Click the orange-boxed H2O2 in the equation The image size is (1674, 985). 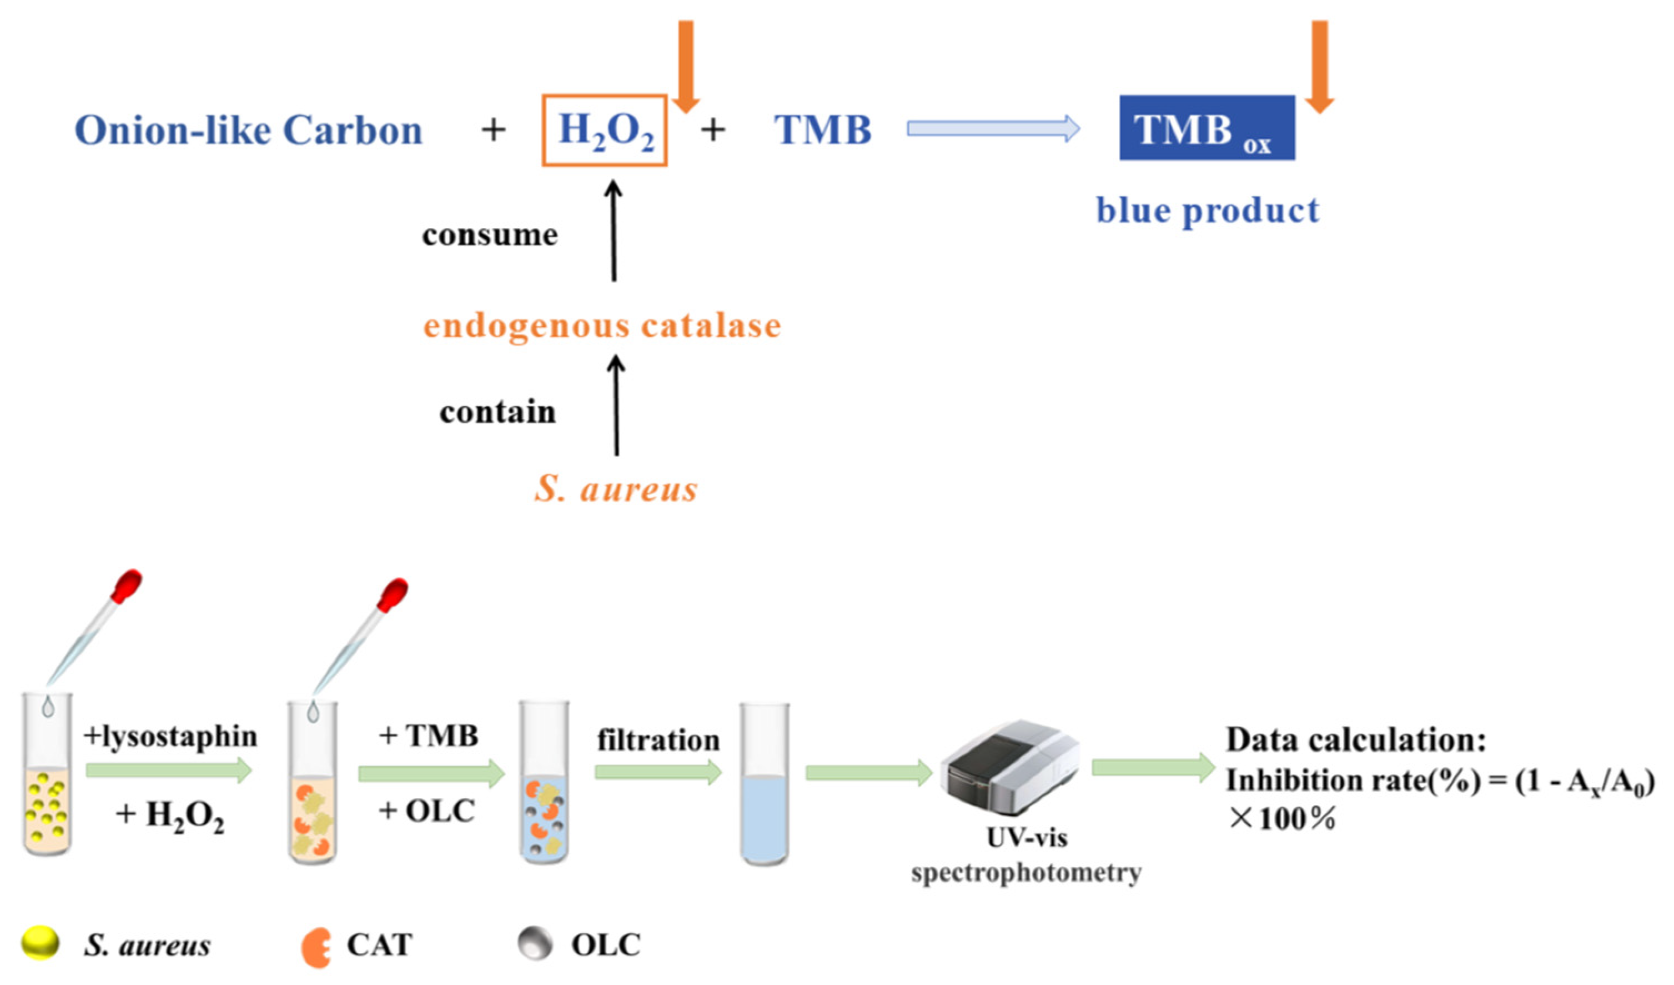pyautogui.click(x=605, y=130)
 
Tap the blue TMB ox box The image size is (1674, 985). pyautogui.click(x=1207, y=128)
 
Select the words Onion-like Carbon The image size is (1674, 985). pyautogui.click(x=248, y=130)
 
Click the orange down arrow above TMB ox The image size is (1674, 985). pyautogui.click(x=1319, y=67)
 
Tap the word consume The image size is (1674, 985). pyautogui.click(x=490, y=234)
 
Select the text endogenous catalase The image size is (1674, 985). pyautogui.click(x=602, y=326)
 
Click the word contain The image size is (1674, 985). pyautogui.click(x=497, y=412)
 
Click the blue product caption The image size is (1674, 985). pyautogui.click(x=1207, y=211)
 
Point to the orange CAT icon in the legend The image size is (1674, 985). pyautogui.click(x=315, y=947)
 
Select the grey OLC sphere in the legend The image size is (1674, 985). pyautogui.click(x=535, y=944)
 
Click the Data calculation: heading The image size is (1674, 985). pyautogui.click(x=1355, y=740)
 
